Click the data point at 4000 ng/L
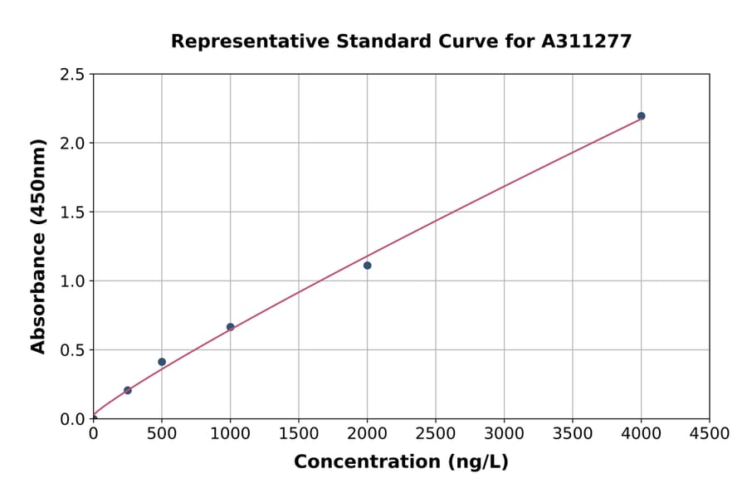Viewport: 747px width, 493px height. pos(642,116)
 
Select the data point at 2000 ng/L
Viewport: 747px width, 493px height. pos(367,266)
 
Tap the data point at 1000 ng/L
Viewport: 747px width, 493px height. pos(230,327)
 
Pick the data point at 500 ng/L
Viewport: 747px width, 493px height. pos(162,362)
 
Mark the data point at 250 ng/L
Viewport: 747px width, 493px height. pos(127,390)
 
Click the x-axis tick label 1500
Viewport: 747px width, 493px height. pos(299,433)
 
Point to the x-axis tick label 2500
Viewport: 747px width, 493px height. pos(436,433)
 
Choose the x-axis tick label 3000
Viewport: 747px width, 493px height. pos(504,433)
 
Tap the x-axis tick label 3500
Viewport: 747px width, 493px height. pos(573,433)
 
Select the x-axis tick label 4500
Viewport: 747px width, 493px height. pos(710,433)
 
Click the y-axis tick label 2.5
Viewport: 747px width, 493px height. pos(72,75)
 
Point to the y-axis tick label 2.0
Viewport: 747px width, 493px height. pos(72,144)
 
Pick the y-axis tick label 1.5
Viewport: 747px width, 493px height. pos(72,212)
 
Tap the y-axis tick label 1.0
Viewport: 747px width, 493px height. pos(72,281)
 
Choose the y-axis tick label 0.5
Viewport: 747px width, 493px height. pos(72,350)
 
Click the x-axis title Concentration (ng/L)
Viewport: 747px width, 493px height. pos(401,462)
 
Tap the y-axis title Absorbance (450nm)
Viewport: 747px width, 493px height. pos(38,246)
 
